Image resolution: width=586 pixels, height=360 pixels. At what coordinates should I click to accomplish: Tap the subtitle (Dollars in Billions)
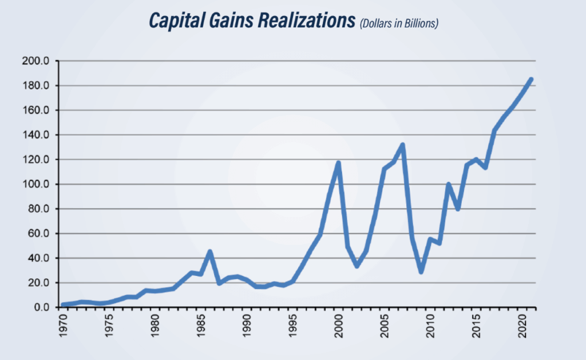pyautogui.click(x=398, y=25)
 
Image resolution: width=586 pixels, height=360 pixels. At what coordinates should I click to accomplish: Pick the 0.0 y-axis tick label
pyautogui.click(x=44, y=307)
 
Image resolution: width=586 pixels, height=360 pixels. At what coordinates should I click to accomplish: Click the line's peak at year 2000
pyautogui.click(x=339, y=163)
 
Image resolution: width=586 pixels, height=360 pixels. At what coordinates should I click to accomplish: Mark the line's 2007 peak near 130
pyautogui.click(x=403, y=145)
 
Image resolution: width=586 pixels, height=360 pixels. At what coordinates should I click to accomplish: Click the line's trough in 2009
pyautogui.click(x=421, y=272)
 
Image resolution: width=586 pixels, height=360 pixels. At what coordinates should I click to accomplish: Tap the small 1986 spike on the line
pyautogui.click(x=210, y=251)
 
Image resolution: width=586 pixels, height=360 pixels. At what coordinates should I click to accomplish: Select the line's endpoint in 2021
pyautogui.click(x=531, y=80)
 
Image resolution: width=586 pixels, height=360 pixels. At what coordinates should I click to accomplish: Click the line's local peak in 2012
pyautogui.click(x=449, y=184)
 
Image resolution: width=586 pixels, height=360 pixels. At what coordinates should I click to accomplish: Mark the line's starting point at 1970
pyautogui.click(x=64, y=305)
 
